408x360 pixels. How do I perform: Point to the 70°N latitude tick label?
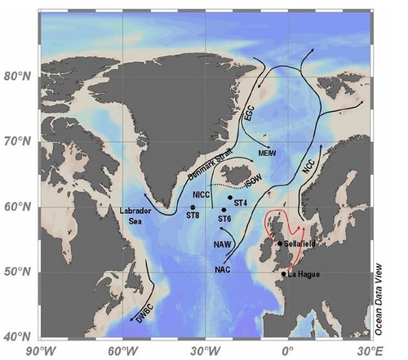(18, 141)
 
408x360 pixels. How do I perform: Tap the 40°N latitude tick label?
(18, 336)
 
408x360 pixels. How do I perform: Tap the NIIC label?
(202, 194)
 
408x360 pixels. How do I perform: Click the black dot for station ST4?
(229, 197)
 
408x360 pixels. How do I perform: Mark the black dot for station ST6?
(224, 210)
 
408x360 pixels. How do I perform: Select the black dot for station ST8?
(193, 207)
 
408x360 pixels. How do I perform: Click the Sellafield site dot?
(280, 243)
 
